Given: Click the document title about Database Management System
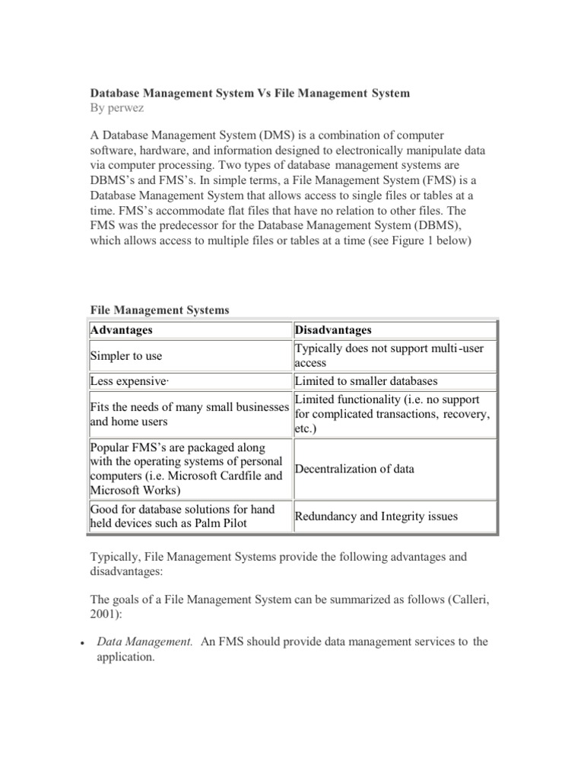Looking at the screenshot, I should pyautogui.click(x=249, y=93).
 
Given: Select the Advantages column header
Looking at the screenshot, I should pyautogui.click(x=121, y=330).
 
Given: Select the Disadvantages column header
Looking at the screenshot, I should pyautogui.click(x=333, y=330).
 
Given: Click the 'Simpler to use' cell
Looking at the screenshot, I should pyautogui.click(x=125, y=356).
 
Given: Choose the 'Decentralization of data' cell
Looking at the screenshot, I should pyautogui.click(x=354, y=469).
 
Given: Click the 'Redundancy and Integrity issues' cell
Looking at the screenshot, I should pyautogui.click(x=376, y=517).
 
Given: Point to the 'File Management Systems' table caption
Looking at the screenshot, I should pyautogui.click(x=159, y=310).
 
